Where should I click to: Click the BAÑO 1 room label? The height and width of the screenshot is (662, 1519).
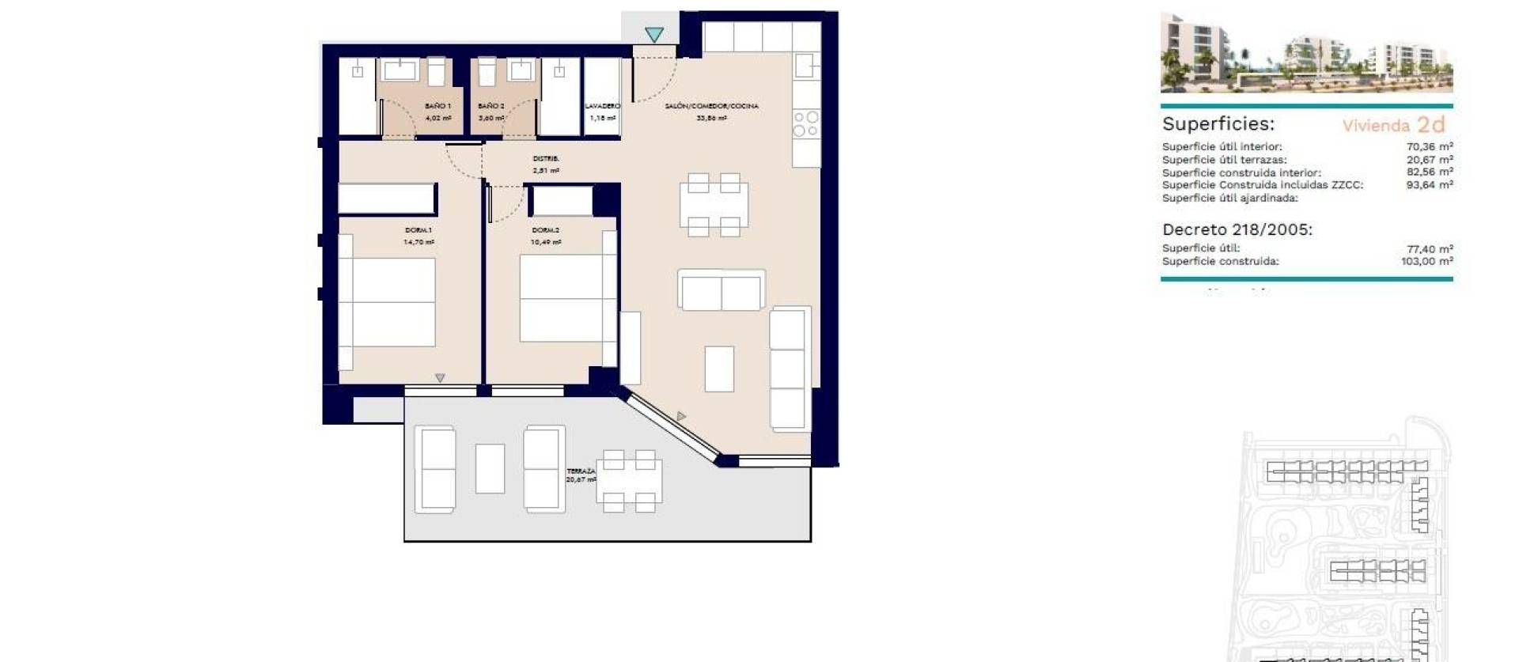438,106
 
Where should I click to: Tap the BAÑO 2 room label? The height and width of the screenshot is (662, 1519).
491,106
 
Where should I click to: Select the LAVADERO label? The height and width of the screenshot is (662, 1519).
602,106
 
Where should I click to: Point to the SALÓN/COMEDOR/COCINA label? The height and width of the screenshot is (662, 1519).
711,106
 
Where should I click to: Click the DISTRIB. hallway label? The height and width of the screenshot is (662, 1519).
546,159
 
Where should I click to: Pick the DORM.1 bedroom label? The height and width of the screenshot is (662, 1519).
419,230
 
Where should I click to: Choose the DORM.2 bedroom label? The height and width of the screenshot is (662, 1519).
546,230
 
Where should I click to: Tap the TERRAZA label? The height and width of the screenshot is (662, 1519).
581,471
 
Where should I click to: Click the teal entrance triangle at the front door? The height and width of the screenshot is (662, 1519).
653,35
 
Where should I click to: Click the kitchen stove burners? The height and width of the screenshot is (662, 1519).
806,124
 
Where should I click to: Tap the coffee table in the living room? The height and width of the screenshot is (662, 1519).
719,369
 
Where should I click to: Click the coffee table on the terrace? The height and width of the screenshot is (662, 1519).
491,469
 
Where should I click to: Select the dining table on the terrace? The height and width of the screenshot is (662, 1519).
629,481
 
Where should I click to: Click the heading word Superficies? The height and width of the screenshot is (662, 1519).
1218,124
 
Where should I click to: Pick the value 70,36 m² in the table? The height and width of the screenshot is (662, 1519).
1429,146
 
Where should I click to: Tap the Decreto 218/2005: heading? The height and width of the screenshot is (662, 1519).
1237,230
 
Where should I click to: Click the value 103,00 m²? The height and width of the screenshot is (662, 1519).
1426,261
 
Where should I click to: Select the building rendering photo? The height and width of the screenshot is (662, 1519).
1306,54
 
